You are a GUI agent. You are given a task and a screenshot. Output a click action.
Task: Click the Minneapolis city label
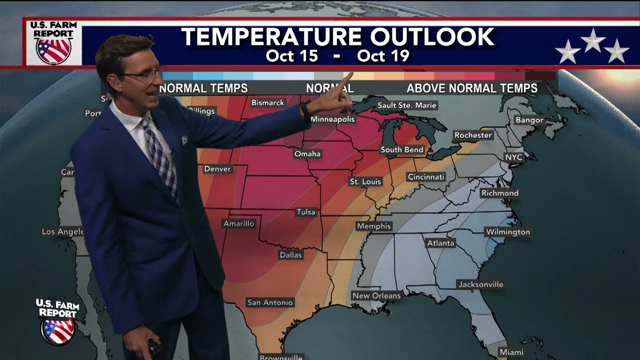(x=332, y=119)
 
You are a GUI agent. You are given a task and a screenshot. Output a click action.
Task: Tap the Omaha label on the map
(x=307, y=153)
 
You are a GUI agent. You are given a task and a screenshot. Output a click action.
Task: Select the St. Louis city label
(x=365, y=181)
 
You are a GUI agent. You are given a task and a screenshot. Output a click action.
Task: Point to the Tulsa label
(x=306, y=212)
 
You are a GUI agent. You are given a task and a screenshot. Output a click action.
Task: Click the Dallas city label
(x=291, y=255)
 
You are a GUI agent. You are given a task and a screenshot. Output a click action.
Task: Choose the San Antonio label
(x=270, y=302)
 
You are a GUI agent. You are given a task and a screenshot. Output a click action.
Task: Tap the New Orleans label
(x=376, y=295)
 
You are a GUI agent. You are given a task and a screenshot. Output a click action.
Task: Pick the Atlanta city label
(x=440, y=243)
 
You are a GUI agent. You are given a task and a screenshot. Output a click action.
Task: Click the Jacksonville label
(x=480, y=284)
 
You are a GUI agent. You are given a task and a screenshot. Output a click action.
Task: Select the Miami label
(x=511, y=352)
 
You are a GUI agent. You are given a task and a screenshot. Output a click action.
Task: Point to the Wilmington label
(x=507, y=232)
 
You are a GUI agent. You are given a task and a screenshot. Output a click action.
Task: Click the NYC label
(x=513, y=157)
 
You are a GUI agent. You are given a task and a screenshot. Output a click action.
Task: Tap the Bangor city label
(x=529, y=120)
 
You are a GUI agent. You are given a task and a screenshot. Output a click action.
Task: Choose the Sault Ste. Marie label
(x=407, y=105)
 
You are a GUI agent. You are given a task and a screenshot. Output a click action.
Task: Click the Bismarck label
(x=267, y=102)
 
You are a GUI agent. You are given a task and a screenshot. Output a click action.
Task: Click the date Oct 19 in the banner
(x=383, y=55)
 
